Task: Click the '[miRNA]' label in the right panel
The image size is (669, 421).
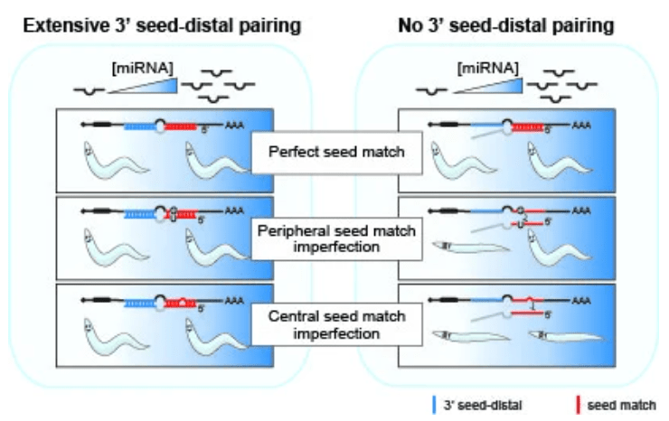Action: tap(489, 66)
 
